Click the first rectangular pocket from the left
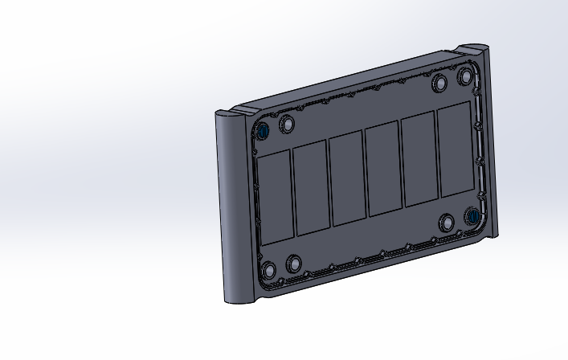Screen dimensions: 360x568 coord(275,197)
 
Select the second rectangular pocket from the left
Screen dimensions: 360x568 coord(311,188)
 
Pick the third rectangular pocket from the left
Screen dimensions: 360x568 coord(347,178)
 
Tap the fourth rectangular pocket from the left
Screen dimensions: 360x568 coord(382,170)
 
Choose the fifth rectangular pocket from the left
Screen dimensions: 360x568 coord(418,160)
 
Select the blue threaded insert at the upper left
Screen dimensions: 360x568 coord(263,131)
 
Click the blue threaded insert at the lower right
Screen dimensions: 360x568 coord(473,216)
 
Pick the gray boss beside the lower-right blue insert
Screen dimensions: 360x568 coord(447,223)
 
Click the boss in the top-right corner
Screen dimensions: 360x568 coord(465,78)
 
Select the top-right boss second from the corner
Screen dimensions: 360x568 coord(439,84)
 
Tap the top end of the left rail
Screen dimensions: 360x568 coord(227,113)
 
